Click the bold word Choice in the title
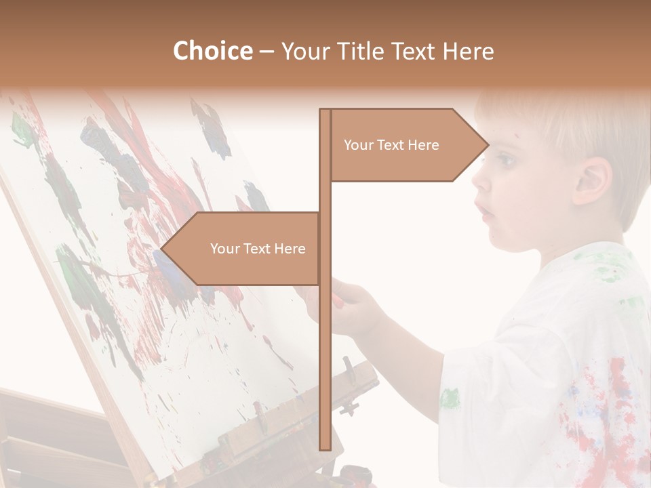212,51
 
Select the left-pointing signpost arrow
244,249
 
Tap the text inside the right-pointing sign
391,145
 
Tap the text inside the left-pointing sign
258,249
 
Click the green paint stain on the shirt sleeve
450,398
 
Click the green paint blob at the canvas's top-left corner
22,129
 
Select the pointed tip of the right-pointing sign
487,145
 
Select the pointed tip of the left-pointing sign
163,249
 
